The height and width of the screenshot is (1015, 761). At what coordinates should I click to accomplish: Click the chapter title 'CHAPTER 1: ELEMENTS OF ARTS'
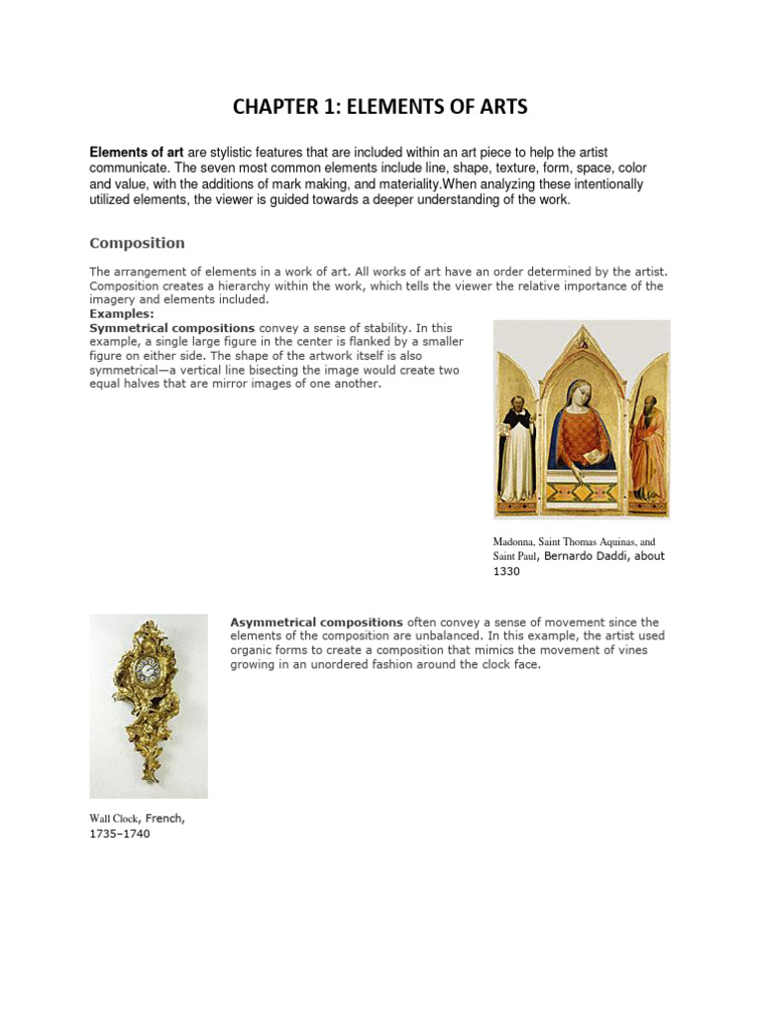tap(380, 106)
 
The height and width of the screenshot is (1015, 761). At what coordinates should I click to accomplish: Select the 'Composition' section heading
tap(137, 243)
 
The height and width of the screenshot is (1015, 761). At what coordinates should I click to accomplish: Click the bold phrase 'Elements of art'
tap(137, 153)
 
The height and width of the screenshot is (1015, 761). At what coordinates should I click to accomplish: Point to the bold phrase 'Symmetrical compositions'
tap(171, 327)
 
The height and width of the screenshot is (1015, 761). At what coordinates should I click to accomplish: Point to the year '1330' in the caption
tap(509, 572)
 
